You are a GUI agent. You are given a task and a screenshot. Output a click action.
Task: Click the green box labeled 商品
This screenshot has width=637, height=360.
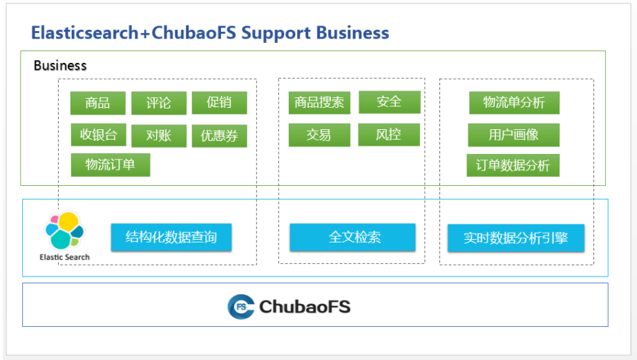98,103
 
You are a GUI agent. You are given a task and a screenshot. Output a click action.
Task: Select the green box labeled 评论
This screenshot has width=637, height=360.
158,103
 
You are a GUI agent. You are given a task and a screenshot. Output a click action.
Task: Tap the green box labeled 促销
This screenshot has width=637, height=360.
219,103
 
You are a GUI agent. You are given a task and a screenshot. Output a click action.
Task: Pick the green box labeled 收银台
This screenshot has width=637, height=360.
98,135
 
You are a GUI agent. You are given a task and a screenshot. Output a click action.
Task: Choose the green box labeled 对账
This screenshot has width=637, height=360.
158,135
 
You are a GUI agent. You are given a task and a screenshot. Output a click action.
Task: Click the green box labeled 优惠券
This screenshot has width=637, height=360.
219,135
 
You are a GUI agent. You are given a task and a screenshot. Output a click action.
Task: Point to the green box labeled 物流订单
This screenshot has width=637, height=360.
110,164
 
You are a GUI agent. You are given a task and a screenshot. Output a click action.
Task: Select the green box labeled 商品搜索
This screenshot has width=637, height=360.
319,102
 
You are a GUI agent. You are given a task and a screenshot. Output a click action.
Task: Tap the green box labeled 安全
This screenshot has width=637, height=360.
389,102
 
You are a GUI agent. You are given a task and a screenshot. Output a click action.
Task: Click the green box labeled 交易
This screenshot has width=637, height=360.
319,135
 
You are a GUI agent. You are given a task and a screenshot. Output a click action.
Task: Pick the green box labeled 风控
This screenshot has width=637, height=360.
389,134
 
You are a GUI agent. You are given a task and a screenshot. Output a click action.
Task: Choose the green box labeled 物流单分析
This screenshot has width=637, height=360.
513,102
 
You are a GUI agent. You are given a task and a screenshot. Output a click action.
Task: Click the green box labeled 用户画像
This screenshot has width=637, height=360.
513,135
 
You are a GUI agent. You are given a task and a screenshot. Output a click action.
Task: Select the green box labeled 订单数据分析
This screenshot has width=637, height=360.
513,165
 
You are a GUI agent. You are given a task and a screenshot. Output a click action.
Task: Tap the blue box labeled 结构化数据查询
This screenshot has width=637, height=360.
171,237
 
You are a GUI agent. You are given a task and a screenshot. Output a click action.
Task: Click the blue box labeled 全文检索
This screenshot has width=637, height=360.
352,237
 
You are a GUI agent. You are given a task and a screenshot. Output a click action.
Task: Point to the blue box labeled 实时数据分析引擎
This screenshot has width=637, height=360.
516,238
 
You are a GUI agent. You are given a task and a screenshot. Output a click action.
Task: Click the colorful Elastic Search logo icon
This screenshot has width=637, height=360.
64,230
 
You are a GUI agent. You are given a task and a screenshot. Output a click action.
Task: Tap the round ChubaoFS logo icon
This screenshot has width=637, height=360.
240,306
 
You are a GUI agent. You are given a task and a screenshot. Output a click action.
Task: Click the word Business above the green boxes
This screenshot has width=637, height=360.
60,66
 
